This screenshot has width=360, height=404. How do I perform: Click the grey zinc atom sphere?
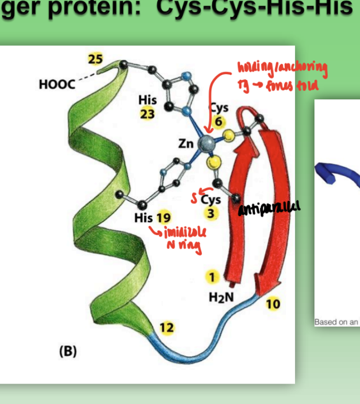[x=207, y=143]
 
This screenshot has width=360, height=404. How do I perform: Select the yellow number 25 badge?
[x=95, y=59]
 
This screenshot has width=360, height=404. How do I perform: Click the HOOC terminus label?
[x=57, y=84]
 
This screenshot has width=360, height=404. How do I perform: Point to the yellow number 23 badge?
[x=147, y=113]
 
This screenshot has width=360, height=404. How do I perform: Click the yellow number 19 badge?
[x=164, y=218]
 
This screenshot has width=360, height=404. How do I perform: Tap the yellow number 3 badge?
[x=211, y=213]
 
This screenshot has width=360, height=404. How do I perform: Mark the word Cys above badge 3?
[x=211, y=200]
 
